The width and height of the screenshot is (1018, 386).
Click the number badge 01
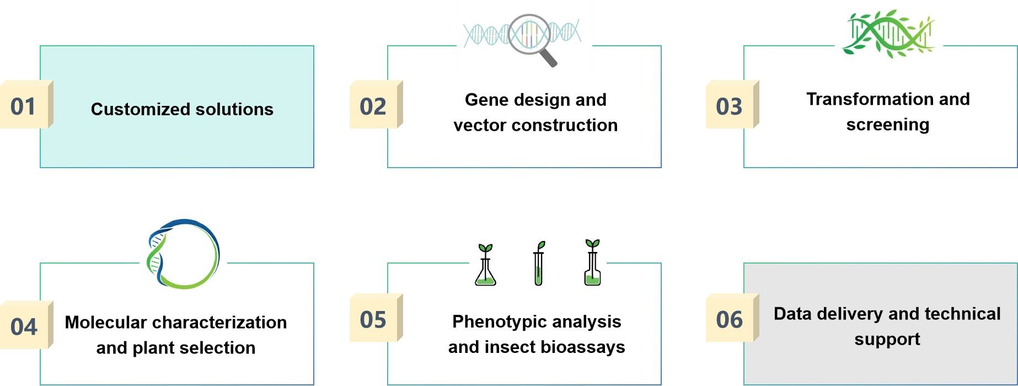pos(24,106)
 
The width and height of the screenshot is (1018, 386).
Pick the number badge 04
pos(24,326)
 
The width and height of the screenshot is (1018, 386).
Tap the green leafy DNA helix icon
pos(888,33)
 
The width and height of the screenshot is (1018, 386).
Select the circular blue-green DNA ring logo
pos(183,254)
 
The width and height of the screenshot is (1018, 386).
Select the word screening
pos(887,125)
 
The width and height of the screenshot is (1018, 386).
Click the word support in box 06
pos(887,339)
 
